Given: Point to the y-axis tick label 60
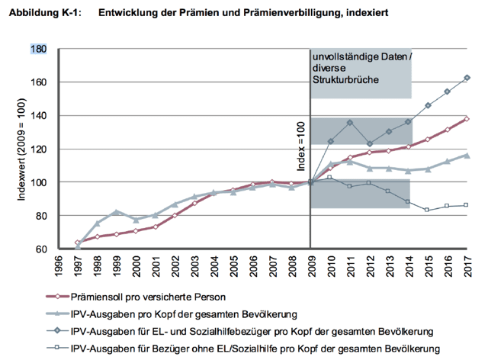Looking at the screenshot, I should pos(40,249).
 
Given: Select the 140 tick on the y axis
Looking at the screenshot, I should pos(38,116).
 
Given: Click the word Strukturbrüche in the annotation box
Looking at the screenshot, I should pos(344,80).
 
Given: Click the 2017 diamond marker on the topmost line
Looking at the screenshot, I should pos(467,78).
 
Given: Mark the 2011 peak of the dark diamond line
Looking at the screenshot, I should pos(350,122).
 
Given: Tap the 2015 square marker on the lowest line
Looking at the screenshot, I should pos(428,210).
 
